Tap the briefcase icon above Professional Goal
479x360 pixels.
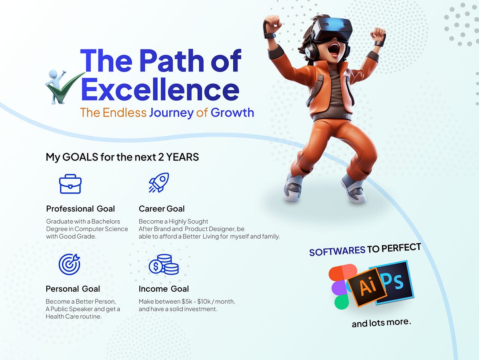point(70,184)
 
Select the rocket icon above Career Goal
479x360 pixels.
point(159,183)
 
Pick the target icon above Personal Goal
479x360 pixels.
point(69,264)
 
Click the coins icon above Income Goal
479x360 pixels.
point(163,264)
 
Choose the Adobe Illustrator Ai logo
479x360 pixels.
point(366,287)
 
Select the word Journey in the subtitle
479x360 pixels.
point(171,113)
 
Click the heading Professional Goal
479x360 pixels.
point(80,209)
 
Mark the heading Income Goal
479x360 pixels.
point(164,289)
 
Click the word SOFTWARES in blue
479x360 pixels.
point(337,251)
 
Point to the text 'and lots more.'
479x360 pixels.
point(381,322)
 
